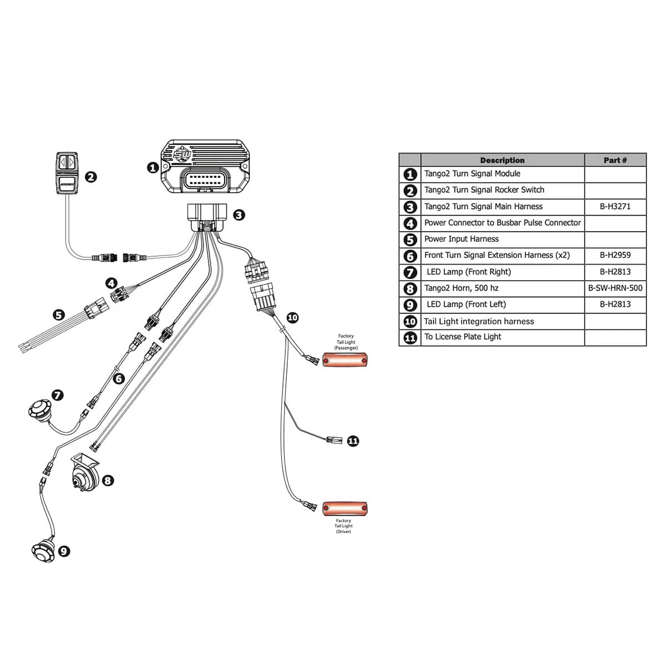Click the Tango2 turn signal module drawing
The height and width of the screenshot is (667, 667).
point(206,167)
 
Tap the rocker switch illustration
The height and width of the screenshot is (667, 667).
point(68,173)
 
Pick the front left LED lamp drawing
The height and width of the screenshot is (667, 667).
point(43,550)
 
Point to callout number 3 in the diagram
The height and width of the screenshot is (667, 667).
point(239,215)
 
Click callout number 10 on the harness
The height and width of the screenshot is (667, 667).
point(292,317)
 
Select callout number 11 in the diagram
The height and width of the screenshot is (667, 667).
point(353,441)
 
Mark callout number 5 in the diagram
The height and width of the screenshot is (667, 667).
point(59,315)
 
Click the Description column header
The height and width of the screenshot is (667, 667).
point(502,160)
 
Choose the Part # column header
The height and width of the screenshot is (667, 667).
point(615,160)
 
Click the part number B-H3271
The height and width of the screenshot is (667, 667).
point(615,206)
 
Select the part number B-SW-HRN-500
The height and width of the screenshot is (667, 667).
point(615,288)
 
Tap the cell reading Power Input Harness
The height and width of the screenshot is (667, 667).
point(461,239)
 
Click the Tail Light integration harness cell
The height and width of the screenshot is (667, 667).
point(479,321)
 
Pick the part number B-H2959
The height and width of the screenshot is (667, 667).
point(615,255)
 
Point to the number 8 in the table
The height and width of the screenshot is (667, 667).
point(410,288)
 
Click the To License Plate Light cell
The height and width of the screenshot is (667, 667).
point(462,337)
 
